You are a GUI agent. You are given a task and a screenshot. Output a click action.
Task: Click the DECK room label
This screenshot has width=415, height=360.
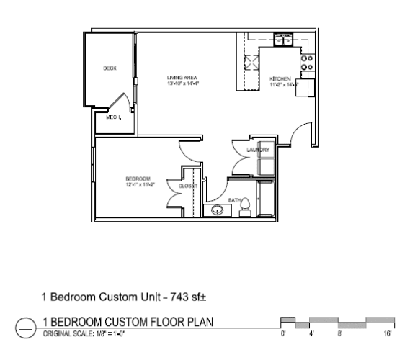point(110,68)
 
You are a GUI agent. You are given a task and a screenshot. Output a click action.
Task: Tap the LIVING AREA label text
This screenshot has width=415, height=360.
point(182,77)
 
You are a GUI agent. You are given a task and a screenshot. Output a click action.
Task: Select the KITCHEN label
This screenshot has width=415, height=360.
point(280,78)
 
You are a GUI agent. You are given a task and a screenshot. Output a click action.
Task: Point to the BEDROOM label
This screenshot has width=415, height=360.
point(137,179)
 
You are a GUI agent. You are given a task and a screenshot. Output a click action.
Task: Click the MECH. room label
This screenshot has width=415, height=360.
point(113,117)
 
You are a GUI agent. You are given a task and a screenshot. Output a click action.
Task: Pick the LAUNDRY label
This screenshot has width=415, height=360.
point(257,150)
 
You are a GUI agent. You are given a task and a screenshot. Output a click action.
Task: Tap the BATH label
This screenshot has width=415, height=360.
point(234,200)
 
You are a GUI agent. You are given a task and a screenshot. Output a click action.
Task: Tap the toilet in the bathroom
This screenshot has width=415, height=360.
point(244,206)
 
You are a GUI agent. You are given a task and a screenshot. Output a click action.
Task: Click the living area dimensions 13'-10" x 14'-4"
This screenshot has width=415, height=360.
point(182,84)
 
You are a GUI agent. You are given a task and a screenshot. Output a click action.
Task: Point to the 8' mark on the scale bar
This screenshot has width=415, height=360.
point(339,334)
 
